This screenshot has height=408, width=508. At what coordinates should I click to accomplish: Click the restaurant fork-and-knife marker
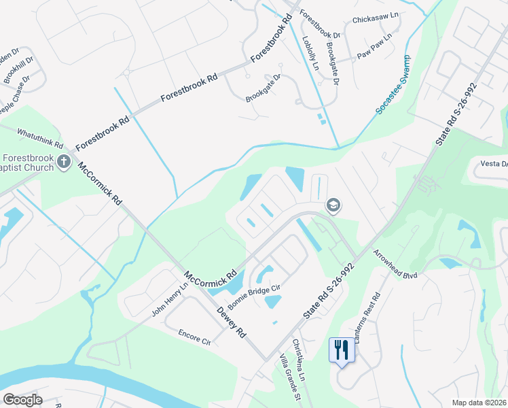coord(341,350)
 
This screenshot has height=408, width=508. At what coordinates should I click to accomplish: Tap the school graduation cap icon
coord(333,204)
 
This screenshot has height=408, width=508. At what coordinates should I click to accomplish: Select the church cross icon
coord(65,162)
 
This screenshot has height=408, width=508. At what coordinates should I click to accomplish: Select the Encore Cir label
coord(196,337)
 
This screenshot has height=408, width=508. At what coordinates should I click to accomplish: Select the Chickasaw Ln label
coord(374,20)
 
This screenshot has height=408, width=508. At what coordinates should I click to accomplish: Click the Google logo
coord(22,400)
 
